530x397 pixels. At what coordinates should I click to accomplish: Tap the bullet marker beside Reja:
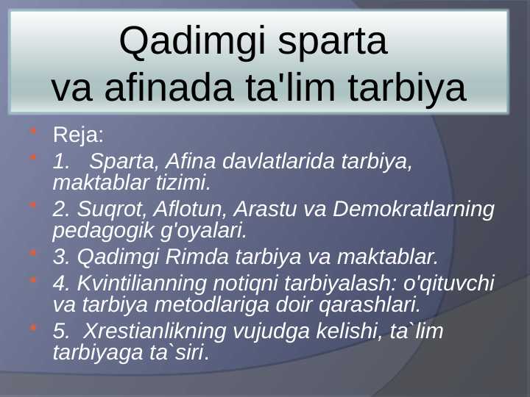[x=32, y=133]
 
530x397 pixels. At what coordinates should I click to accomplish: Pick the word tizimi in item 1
[x=183, y=180]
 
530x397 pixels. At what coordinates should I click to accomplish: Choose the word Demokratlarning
[x=414, y=209]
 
